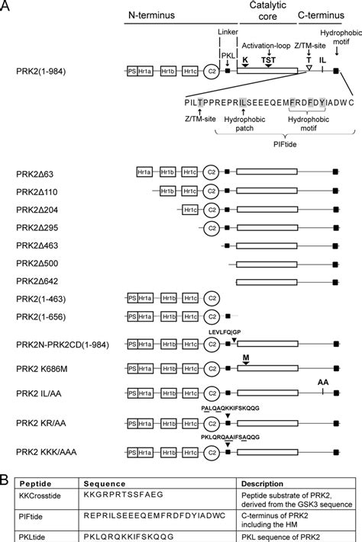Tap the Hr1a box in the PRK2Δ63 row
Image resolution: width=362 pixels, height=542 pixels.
click(144, 172)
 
